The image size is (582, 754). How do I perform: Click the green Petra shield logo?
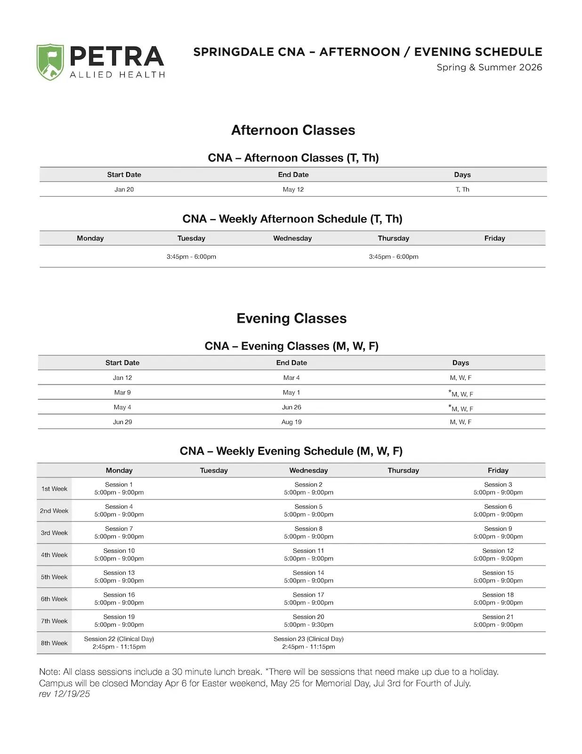[x=50, y=62]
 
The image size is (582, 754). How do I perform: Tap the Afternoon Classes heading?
[x=293, y=130]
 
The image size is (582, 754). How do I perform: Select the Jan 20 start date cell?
[x=124, y=189]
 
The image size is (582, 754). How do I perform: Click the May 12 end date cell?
[x=293, y=189]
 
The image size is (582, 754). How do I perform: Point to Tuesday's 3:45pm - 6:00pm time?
[x=191, y=257]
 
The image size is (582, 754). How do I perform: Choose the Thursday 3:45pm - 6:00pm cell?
[x=393, y=257]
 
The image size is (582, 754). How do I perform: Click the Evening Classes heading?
[x=291, y=319]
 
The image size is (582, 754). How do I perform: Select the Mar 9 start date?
[x=122, y=393]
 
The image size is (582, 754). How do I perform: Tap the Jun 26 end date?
[x=291, y=407]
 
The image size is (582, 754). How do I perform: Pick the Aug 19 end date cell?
[x=291, y=422]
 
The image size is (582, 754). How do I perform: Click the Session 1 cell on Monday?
[x=119, y=489]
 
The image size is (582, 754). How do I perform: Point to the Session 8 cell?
[x=308, y=533]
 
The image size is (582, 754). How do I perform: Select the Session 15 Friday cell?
[x=498, y=577]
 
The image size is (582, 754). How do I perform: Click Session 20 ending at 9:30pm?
[x=308, y=621]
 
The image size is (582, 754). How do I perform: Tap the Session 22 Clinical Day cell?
[x=119, y=643]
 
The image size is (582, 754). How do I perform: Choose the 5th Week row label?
[x=54, y=577]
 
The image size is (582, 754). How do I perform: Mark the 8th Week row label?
[x=54, y=643]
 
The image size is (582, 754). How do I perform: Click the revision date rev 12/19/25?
[x=65, y=694]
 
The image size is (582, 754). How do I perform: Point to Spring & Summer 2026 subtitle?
[x=489, y=67]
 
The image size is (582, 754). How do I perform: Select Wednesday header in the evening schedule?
[x=308, y=470]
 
